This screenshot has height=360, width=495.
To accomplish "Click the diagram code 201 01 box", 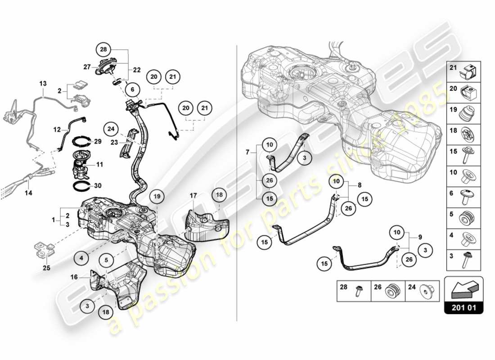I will pos(464,308).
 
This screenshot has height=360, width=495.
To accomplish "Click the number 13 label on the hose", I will pos(43,84).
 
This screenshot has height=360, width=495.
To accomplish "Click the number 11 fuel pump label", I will pos(100,165).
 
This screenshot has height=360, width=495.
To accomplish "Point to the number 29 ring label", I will pos(98,142).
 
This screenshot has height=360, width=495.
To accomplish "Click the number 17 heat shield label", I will pos(193,196).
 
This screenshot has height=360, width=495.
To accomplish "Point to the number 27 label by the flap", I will pos(87,67).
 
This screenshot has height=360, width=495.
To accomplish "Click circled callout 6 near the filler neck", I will pos(132,90).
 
